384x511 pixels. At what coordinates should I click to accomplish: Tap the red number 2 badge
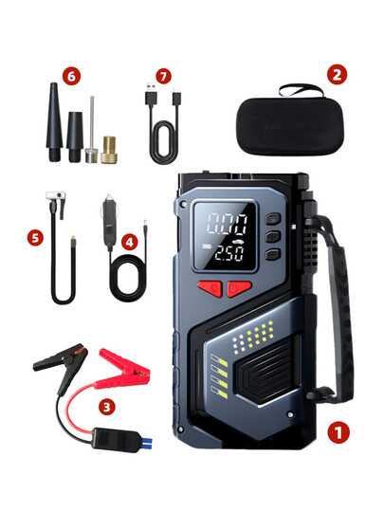[337, 74]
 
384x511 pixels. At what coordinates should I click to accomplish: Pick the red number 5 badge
[36, 237]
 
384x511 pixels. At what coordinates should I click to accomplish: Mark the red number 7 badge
[166, 72]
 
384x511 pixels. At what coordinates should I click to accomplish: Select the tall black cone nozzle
[53, 119]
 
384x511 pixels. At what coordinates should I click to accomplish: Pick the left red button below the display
[210, 288]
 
